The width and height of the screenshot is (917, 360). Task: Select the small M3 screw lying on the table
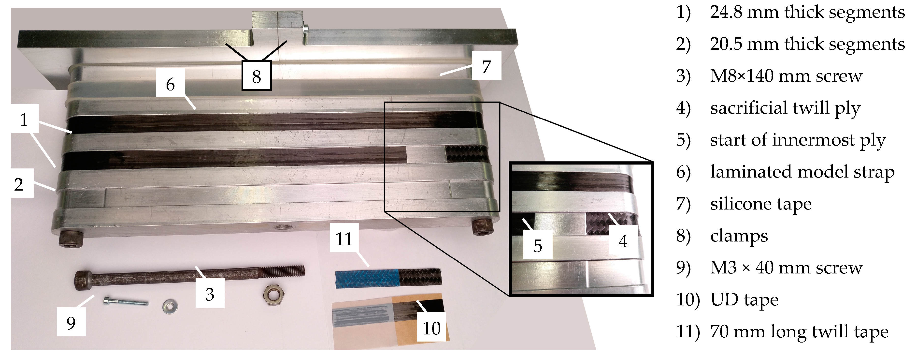tap(126, 302)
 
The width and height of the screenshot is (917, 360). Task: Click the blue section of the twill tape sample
tap(367, 279)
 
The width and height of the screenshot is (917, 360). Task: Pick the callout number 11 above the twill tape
tap(344, 238)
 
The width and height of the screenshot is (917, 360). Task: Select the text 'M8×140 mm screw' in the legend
tap(786, 76)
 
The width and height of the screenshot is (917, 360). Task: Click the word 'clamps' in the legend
tap(739, 236)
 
